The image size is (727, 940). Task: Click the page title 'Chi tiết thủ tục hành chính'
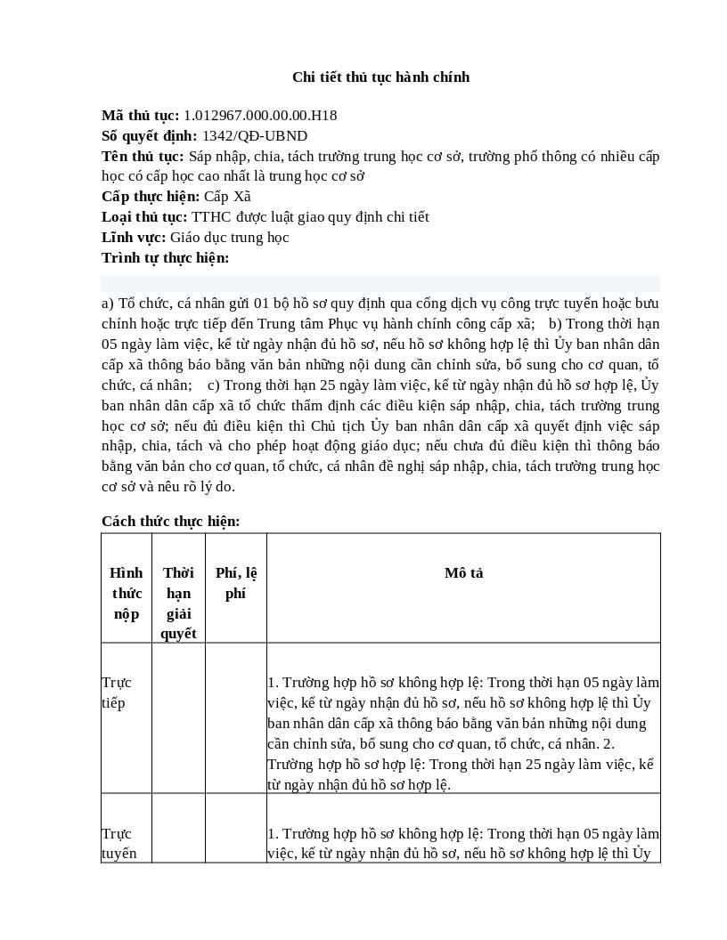(380, 77)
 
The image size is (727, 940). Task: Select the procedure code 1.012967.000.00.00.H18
(260, 116)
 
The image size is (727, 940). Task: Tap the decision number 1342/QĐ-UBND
(255, 136)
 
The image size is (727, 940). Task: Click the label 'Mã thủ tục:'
(140, 116)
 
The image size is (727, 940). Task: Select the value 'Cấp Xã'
(227, 197)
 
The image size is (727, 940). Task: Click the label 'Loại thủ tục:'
(144, 217)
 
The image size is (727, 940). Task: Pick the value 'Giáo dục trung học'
(230, 238)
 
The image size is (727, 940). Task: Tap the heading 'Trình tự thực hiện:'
(165, 258)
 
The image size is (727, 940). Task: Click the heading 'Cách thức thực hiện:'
(170, 522)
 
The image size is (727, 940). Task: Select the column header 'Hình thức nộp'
(127, 594)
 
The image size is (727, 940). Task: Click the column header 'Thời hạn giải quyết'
(178, 604)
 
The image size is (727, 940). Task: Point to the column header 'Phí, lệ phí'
(236, 583)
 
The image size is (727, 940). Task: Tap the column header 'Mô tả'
(463, 573)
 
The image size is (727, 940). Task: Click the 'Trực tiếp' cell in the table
(117, 693)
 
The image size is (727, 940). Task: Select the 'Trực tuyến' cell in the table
(119, 844)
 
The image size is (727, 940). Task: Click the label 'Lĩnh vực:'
(134, 238)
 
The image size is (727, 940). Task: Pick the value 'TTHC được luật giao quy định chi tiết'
(310, 217)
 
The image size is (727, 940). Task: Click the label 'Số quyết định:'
(150, 136)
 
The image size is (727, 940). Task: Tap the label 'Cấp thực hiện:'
(151, 197)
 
